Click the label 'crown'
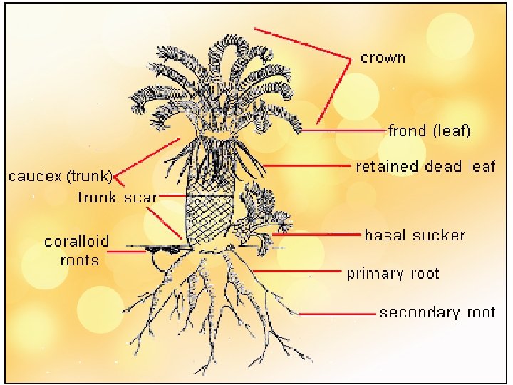point(383,58)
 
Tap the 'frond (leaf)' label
point(429,131)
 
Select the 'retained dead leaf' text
point(425,166)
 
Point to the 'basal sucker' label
point(415,235)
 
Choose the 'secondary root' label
point(437,312)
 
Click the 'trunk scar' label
point(117,197)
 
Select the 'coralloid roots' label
point(77,250)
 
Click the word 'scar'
point(139,197)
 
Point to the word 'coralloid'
point(77,241)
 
